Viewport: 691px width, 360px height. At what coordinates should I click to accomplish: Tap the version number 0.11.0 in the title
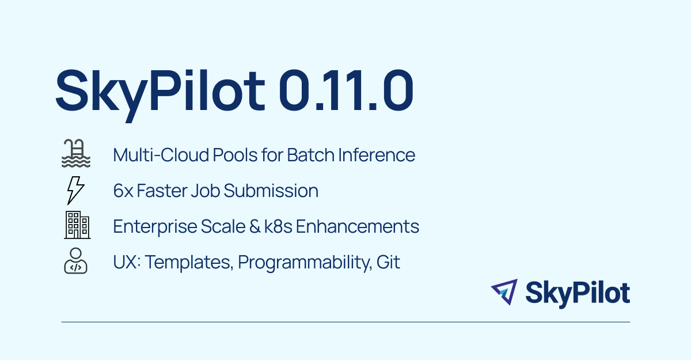(x=346, y=90)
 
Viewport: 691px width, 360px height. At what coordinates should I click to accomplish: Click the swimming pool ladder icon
(x=76, y=153)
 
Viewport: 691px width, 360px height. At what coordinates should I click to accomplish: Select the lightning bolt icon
(x=75, y=190)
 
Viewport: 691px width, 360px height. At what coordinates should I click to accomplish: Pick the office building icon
(x=77, y=225)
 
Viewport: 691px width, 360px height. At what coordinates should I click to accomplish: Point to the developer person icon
(x=75, y=261)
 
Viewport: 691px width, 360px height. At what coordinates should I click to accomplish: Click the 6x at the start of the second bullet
(x=123, y=191)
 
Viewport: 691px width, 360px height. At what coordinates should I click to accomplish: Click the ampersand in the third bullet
(x=255, y=226)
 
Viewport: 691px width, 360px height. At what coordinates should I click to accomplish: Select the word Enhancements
(x=358, y=226)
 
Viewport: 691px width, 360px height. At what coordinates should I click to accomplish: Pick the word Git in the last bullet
(x=388, y=262)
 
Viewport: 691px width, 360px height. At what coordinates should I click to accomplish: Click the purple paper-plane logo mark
(x=504, y=292)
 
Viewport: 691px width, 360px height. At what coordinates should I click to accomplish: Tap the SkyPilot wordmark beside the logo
(x=578, y=294)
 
